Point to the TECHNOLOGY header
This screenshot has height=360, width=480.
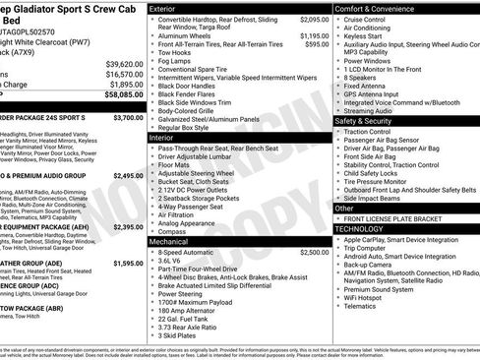click(360, 228)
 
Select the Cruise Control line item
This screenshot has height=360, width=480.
click(365, 19)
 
